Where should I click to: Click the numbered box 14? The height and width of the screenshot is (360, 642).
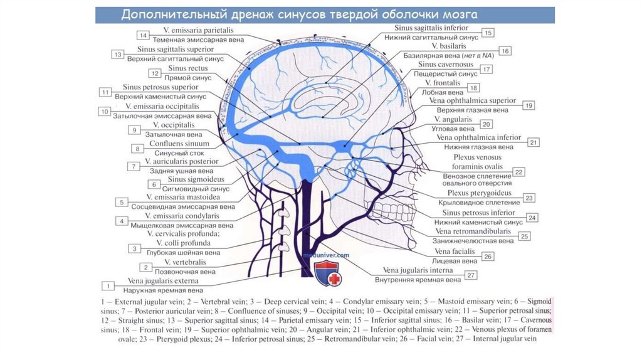pos(144,35)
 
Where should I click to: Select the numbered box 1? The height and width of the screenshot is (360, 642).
pos(109,286)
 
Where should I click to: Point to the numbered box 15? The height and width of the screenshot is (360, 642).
pos(487,33)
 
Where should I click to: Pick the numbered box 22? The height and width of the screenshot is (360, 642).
pos(518,171)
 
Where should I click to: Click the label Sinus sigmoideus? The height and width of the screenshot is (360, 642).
pos(187,179)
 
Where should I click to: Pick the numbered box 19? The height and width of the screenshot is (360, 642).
pos(529,106)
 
